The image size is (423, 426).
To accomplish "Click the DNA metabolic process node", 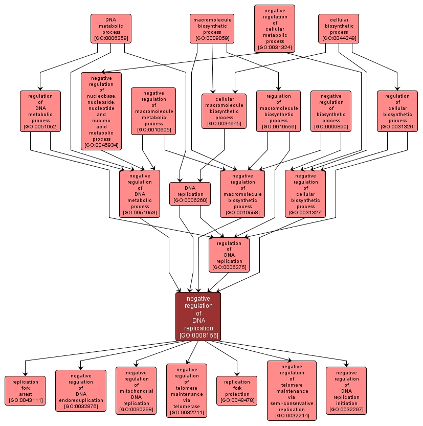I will pyautogui.click(x=111, y=29).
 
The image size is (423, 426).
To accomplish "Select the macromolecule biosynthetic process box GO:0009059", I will pyautogui.click(x=212, y=29).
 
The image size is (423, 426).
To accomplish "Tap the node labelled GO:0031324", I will pyautogui.click(x=275, y=29).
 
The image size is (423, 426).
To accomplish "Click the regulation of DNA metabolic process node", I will pyautogui.click(x=40, y=111).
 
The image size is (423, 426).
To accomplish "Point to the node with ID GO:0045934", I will pyautogui.click(x=101, y=111).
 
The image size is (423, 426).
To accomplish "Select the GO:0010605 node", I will pyautogui.click(x=153, y=111).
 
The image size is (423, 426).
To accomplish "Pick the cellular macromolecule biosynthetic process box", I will pyautogui.click(x=224, y=111).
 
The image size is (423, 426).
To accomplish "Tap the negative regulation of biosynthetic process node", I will pyautogui.click(x=331, y=111).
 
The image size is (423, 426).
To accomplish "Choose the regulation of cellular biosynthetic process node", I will pyautogui.click(x=397, y=111).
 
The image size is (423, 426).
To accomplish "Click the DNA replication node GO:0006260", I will pyautogui.click(x=190, y=194).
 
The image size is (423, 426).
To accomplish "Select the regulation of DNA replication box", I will pyautogui.click(x=229, y=255).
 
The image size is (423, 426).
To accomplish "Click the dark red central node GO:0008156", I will pyautogui.click(x=198, y=317).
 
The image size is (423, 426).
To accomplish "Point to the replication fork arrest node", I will pyautogui.click(x=25, y=391).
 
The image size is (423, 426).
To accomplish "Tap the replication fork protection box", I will pyautogui.click(x=237, y=391).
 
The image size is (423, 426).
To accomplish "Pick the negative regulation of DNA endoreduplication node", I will pyautogui.click(x=81, y=391).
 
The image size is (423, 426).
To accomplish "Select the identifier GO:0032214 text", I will pyautogui.click(x=292, y=416).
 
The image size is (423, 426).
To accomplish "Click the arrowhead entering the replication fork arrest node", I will pyautogui.click(x=25, y=374).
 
